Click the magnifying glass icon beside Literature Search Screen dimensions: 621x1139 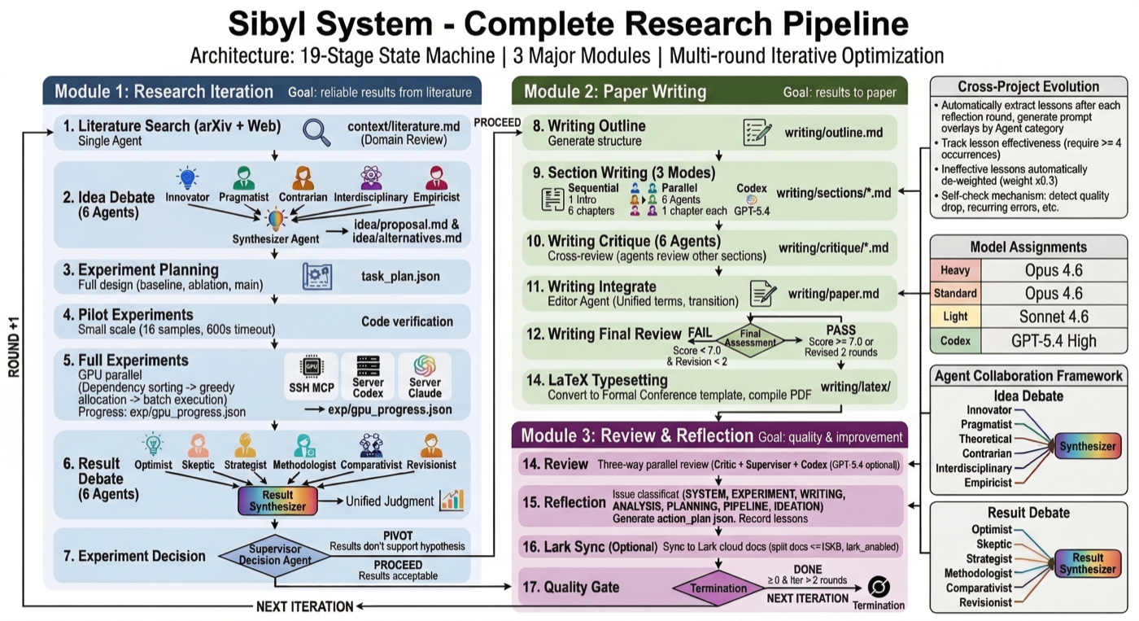pyautogui.click(x=316, y=133)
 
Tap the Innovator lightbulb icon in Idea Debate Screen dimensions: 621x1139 pyautogui.click(x=188, y=177)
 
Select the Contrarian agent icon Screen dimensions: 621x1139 pyautogui.click(x=303, y=177)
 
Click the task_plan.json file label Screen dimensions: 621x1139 pyautogui.click(x=400, y=277)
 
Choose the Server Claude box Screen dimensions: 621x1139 pyautogui.click(x=424, y=375)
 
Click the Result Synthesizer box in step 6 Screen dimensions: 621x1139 pyautogui.click(x=277, y=501)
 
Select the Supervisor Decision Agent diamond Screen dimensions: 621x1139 pyautogui.click(x=275, y=555)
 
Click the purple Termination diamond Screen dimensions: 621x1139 pyautogui.click(x=718, y=588)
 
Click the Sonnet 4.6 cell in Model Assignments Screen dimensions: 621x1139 pyautogui.click(x=1054, y=317)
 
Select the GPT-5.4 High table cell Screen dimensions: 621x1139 pyautogui.click(x=1054, y=341)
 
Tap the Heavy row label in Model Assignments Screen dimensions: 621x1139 pyautogui.click(x=955, y=270)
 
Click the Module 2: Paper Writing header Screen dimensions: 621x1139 pyautogui.click(x=616, y=90)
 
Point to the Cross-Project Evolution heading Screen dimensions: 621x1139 pyautogui.click(x=1028, y=86)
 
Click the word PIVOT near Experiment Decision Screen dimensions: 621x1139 pyautogui.click(x=398, y=535)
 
